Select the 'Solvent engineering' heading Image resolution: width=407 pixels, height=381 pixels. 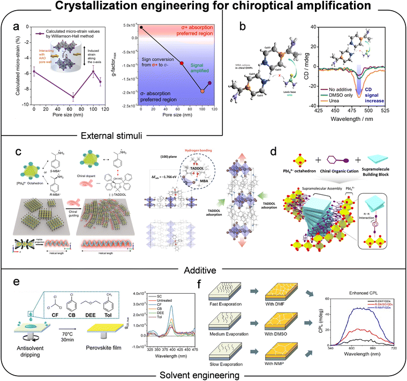[x=202, y=375]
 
